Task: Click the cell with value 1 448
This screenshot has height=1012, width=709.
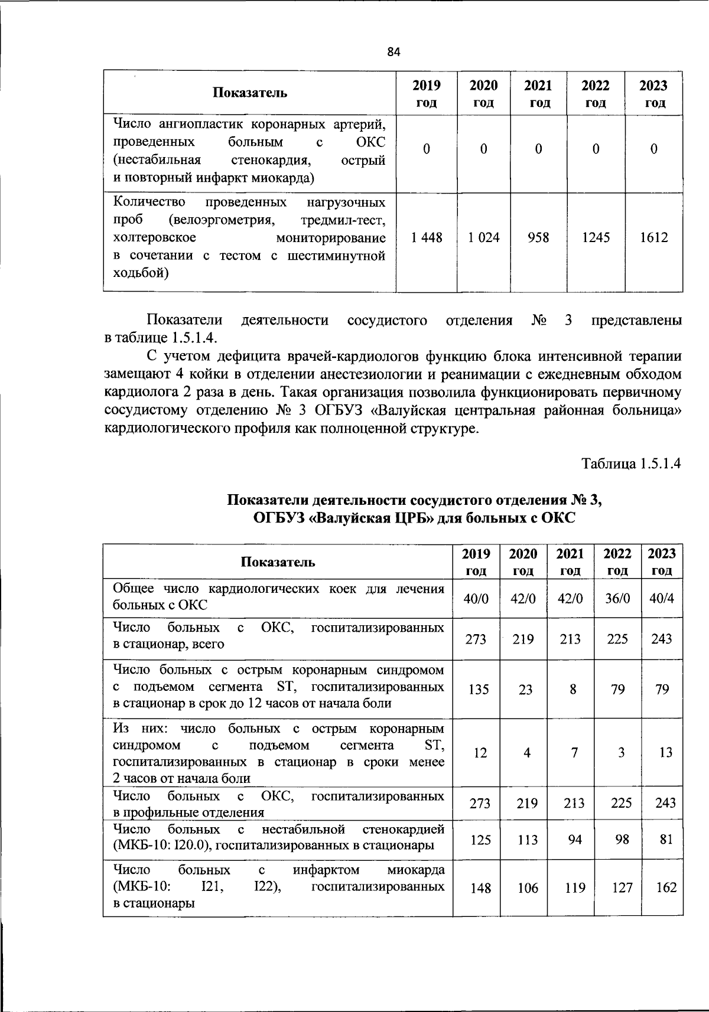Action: tap(427, 237)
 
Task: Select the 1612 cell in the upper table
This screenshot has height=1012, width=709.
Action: tap(653, 237)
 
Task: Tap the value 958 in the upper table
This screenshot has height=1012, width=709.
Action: tap(538, 237)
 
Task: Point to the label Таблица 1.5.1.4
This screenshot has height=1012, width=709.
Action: tap(632, 463)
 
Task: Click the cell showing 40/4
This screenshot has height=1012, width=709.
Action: tap(662, 598)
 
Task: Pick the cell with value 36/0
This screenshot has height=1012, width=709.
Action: tap(617, 598)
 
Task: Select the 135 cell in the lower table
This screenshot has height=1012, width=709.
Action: tap(478, 689)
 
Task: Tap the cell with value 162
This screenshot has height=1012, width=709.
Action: tap(666, 887)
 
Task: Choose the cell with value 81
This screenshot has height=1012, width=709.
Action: tap(666, 839)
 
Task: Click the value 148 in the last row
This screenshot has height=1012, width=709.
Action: tap(480, 888)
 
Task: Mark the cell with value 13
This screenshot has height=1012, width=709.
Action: tap(665, 753)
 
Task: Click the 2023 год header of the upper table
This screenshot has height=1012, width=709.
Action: tap(653, 93)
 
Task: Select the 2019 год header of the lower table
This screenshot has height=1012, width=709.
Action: tap(476, 562)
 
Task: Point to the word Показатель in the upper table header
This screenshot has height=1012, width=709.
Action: tap(250, 93)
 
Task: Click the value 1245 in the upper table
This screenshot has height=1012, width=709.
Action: tap(596, 237)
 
